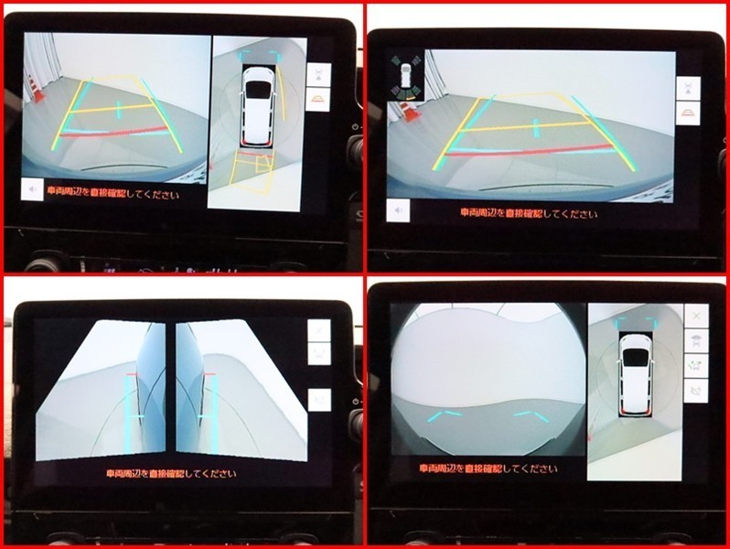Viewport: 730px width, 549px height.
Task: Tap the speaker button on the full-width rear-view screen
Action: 398,210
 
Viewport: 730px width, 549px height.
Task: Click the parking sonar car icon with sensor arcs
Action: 406,77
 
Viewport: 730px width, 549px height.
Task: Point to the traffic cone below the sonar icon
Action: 410,112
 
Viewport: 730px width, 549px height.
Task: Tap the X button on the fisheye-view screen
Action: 696,317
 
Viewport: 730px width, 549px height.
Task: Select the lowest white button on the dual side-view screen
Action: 319,401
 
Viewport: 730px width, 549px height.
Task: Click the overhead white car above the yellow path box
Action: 257,106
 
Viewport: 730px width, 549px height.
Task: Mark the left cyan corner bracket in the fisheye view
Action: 445,414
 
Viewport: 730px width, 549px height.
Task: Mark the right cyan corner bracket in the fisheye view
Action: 531,415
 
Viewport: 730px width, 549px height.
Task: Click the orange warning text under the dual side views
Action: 171,474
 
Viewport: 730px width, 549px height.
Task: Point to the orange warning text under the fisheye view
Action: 488,468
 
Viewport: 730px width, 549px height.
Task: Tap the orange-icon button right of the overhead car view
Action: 318,100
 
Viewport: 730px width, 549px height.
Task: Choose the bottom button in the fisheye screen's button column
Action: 696,391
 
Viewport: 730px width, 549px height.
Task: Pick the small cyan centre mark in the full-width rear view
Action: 536,128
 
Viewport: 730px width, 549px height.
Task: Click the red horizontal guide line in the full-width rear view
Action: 530,151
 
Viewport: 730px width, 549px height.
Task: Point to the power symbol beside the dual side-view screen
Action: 356,402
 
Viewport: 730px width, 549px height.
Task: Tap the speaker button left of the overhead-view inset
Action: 32,189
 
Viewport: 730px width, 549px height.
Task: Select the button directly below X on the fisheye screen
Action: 696,341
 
